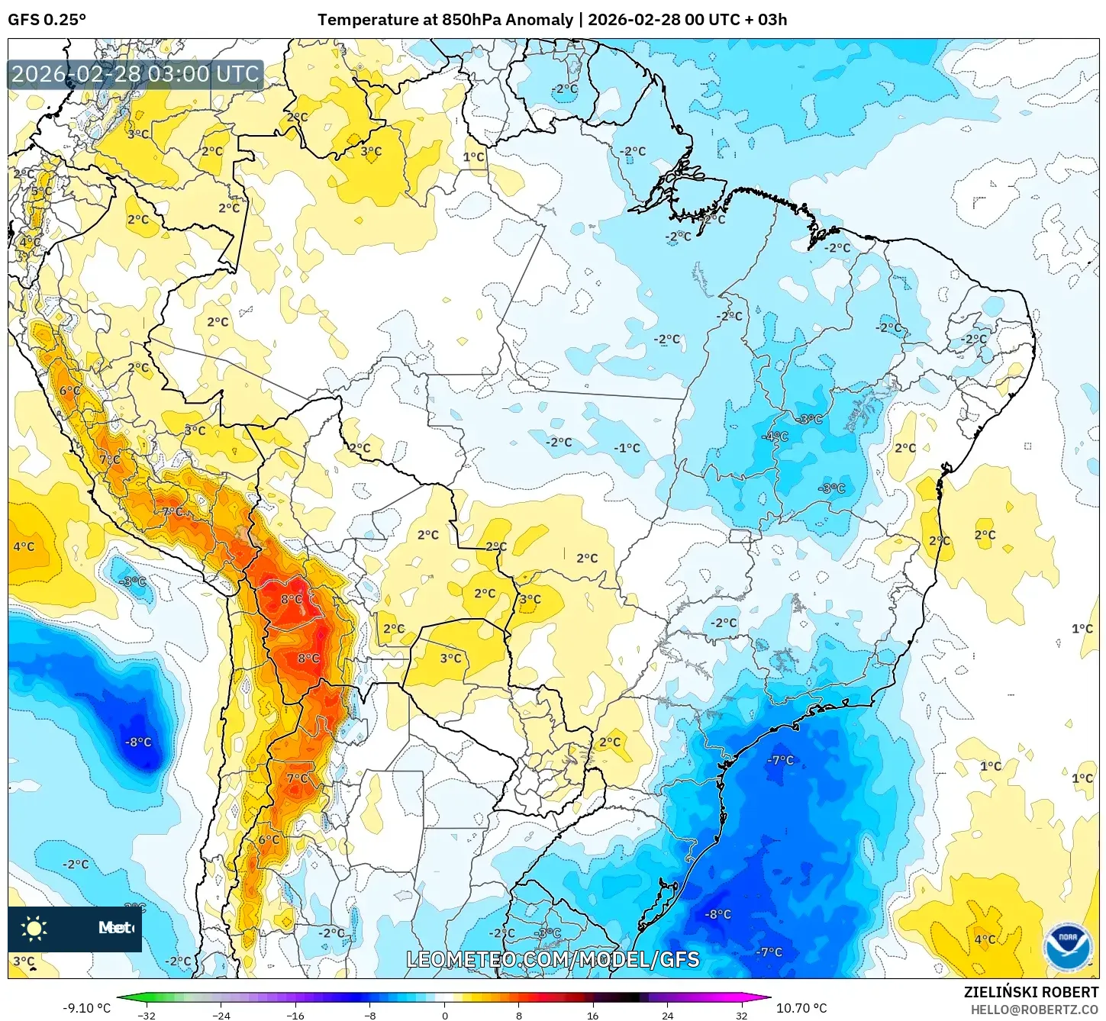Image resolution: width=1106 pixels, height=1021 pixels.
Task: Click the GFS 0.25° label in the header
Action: [47, 20]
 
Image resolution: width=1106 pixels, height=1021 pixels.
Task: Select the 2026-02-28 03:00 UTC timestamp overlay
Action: [135, 74]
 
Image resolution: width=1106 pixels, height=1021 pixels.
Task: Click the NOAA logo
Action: [1067, 946]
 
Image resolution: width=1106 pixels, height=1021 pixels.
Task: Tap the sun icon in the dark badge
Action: [34, 928]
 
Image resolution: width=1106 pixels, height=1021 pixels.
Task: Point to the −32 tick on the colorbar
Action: [146, 1015]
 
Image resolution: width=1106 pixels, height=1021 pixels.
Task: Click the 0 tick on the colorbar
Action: [445, 1015]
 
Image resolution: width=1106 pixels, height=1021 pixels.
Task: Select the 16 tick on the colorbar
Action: [593, 1015]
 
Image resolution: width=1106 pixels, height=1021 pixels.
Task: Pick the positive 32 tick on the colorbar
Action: [742, 1015]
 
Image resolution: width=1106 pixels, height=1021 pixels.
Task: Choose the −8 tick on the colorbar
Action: [369, 1015]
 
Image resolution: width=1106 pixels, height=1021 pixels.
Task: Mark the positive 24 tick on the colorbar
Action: [667, 1015]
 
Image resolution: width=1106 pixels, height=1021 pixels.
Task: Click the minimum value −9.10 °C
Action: [86, 1008]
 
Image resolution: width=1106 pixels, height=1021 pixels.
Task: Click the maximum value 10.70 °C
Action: [801, 1008]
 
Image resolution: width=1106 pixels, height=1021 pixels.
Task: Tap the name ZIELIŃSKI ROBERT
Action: [1030, 993]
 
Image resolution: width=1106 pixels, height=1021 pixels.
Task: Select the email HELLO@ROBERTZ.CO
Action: [1034, 1010]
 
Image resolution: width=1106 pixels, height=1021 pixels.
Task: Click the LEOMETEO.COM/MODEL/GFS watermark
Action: [553, 959]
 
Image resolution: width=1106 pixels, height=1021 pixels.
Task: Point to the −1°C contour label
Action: [627, 448]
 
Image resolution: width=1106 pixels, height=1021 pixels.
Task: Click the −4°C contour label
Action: [775, 436]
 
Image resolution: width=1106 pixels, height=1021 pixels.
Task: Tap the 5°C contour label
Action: [41, 192]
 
